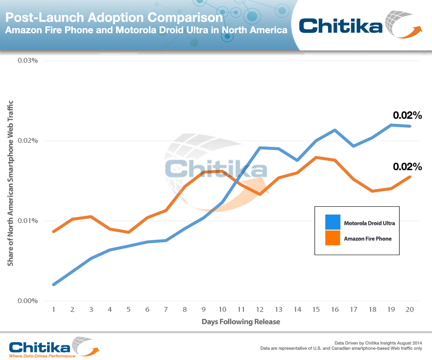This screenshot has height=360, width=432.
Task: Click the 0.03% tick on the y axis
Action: [x=28, y=60]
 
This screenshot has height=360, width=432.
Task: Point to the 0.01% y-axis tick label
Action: [x=28, y=221]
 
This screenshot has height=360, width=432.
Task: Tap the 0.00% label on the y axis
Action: [x=28, y=301]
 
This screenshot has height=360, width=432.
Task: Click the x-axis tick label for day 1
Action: [x=54, y=309]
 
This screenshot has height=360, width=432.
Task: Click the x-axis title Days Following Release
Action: [x=241, y=322]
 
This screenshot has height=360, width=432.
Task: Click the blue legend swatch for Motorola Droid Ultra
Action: [x=333, y=222]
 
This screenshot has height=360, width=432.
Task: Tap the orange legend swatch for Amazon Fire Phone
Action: [x=333, y=238]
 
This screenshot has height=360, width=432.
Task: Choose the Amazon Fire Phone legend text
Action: [x=368, y=238]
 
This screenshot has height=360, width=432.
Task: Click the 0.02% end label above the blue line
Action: [x=407, y=115]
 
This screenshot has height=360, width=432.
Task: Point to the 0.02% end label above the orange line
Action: [x=407, y=167]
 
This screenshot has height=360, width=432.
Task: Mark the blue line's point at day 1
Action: [x=54, y=284]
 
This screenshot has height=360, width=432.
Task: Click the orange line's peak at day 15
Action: [x=316, y=158]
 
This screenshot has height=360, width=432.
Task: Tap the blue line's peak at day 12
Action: [x=260, y=148]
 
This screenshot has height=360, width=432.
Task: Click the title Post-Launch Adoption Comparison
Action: [x=114, y=18]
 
